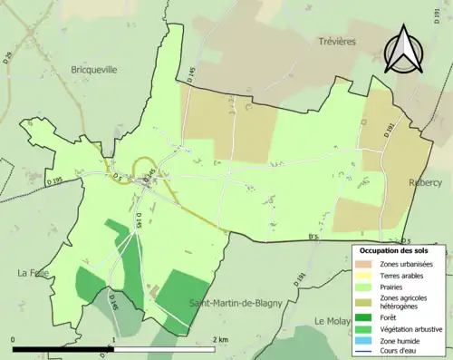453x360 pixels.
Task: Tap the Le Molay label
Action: (x=333, y=321)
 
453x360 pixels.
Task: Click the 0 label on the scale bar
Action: (x=13, y=338)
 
